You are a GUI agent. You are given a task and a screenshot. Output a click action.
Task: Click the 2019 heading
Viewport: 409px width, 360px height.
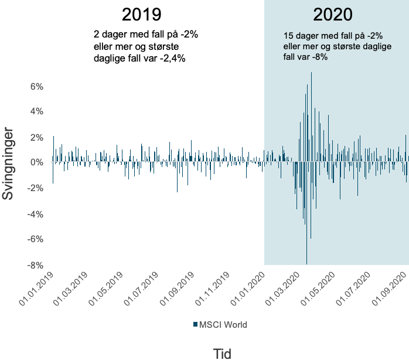pos(141,14)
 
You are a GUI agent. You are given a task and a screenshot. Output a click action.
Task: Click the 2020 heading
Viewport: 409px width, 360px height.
pos(333,14)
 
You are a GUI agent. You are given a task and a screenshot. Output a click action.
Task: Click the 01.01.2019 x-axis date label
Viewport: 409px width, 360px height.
pos(37,288)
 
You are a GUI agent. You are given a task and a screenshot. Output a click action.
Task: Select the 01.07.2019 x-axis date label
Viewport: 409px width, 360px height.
pos(142,288)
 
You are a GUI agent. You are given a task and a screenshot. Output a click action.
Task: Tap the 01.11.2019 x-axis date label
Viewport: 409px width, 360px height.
pos(213,288)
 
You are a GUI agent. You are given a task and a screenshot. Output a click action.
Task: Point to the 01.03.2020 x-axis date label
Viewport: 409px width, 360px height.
pos(285,288)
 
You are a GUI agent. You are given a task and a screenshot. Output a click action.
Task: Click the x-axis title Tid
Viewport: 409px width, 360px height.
pos(223,353)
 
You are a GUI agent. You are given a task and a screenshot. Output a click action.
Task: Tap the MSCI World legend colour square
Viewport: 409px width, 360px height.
pos(195,324)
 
